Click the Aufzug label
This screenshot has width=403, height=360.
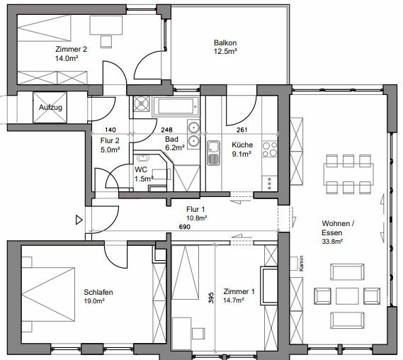pos(50,107)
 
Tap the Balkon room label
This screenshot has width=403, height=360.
pos(225,43)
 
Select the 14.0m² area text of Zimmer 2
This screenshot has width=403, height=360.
pos(67,58)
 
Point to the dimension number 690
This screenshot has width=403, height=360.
pos(185,227)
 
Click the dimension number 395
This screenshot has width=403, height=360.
pos(211,298)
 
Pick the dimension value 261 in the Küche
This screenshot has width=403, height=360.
pos(242,130)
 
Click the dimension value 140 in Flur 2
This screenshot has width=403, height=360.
pos(110,130)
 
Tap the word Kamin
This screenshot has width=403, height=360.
pos(302,263)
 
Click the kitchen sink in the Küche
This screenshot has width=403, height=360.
pos(214,153)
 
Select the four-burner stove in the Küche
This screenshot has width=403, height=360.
pos(270,150)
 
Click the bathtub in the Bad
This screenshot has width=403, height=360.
pos(176,106)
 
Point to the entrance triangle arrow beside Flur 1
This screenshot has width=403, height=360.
pos(79,220)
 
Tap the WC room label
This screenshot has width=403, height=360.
pos(141,169)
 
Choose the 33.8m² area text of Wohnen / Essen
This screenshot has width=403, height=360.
pos(332,241)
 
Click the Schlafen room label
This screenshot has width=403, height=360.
pos(98,292)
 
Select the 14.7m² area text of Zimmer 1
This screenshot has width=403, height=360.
pos(234,300)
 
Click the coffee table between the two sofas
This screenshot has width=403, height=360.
pos(347,296)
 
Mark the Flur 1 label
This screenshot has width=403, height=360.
pos(195,209)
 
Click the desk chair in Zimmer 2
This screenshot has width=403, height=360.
pos(106,42)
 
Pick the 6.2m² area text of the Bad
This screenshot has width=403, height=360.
pos(175,147)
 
